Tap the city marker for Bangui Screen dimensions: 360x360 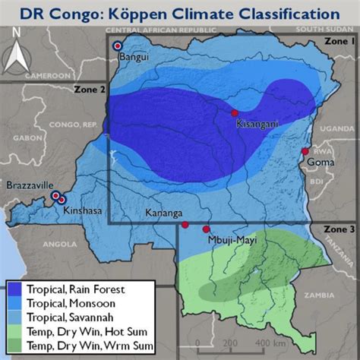(x=117, y=46)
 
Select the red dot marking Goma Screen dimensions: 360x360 (x=305, y=151)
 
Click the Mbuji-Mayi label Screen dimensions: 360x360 (x=227, y=239)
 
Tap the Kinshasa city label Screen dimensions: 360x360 (x=83, y=210)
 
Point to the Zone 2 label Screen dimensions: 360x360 (x=90, y=90)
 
